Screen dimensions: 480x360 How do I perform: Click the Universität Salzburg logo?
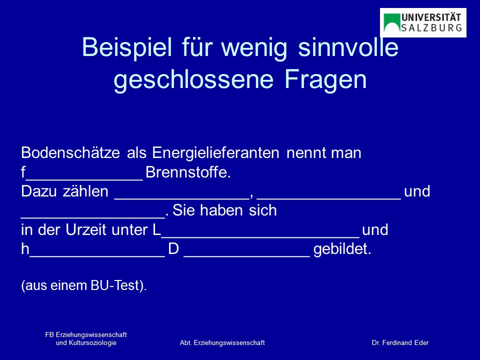[x=423, y=22]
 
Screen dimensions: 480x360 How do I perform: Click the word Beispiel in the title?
[x=126, y=48]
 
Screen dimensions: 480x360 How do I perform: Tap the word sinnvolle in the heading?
[x=348, y=47]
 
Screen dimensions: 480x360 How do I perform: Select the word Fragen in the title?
[x=325, y=80]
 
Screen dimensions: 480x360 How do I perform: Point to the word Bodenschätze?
[x=70, y=152]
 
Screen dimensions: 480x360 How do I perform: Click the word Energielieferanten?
[x=215, y=153]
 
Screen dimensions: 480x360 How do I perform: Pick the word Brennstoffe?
[x=188, y=172]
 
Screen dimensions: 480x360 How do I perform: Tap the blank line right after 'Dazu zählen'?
[x=182, y=199]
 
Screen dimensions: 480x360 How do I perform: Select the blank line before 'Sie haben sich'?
[x=93, y=218]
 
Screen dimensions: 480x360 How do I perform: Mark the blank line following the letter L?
[x=260, y=237]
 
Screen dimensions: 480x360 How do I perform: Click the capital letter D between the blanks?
[x=173, y=249]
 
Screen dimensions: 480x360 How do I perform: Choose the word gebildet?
[x=342, y=249]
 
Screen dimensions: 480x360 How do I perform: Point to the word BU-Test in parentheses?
[x=115, y=285]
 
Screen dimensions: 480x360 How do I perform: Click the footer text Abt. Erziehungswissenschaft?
[x=222, y=343]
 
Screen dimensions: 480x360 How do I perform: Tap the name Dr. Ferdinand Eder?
[x=400, y=343]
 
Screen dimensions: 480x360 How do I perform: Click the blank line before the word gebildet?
[x=246, y=256]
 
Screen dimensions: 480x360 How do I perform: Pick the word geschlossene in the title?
[x=193, y=80]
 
